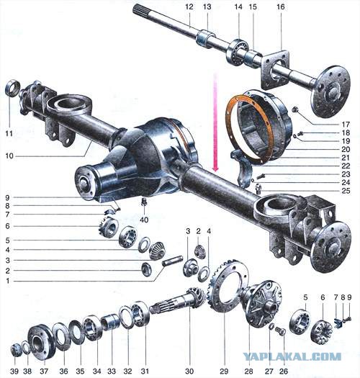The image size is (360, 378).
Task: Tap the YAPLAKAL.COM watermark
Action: [292, 356]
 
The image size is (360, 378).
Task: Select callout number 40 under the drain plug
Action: [144, 220]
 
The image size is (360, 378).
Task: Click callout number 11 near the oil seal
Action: [9, 133]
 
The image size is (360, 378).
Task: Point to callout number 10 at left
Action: [9, 156]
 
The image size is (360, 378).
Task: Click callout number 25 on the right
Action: [346, 191]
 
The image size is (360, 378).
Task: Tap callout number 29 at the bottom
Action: [224, 371]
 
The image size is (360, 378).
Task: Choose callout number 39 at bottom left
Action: [14, 372]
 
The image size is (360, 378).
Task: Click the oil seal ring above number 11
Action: [13, 88]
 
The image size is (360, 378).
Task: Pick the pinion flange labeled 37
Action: [41, 342]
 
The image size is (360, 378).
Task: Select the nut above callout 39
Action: [15, 351]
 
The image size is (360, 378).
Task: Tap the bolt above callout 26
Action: [281, 330]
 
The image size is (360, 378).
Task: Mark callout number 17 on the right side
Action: [346, 125]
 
